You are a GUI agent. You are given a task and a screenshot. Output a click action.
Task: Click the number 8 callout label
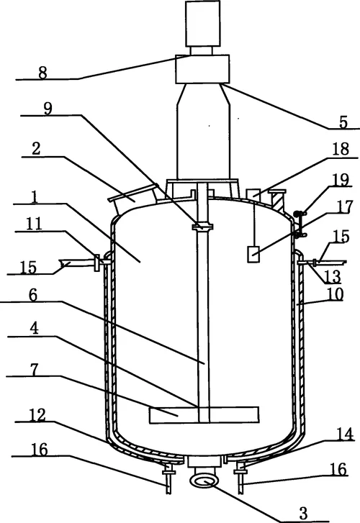pos(42,73)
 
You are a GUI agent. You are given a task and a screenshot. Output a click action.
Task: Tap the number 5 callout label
pos(343,122)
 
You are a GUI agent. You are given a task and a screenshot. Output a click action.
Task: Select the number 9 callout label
pos(48,109)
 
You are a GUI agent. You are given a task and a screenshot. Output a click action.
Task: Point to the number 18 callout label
pos(341,150)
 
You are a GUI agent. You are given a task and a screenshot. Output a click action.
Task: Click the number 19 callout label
pos(341,180)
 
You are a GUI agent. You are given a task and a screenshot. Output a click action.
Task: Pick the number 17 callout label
pos(344,207)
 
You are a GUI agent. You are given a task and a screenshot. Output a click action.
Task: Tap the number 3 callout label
pos(303,514)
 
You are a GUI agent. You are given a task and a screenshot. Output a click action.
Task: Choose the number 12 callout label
pos(37,415)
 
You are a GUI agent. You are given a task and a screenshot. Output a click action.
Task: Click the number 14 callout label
pos(345,435)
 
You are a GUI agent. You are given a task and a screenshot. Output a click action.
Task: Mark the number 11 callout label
pos(34,224)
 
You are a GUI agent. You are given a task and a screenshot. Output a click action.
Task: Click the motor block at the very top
pos(203,23)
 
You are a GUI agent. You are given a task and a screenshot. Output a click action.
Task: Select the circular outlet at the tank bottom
pos(204,482)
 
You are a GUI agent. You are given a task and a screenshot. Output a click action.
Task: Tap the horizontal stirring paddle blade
pos(204,415)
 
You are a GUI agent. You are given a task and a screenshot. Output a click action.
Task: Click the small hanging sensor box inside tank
pos(253,254)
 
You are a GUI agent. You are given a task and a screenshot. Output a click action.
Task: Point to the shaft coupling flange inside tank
pos(202,227)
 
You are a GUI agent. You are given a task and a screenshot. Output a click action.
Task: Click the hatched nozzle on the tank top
pos(277,199)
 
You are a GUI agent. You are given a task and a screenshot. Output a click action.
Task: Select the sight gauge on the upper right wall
pos(300,224)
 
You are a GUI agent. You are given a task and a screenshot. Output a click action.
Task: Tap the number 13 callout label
pos(333,276)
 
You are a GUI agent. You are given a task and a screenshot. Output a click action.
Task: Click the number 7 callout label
pos(34,370)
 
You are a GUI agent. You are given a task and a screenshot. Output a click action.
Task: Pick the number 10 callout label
pos(335,294)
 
